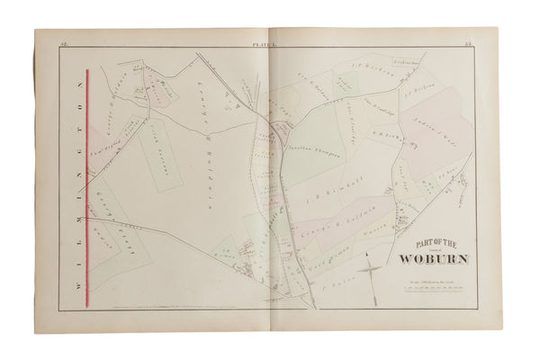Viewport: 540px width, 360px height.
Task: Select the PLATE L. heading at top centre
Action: point(270,42)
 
